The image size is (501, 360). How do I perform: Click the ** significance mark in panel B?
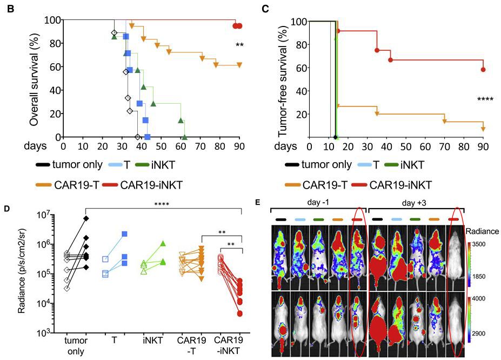point(239,45)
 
